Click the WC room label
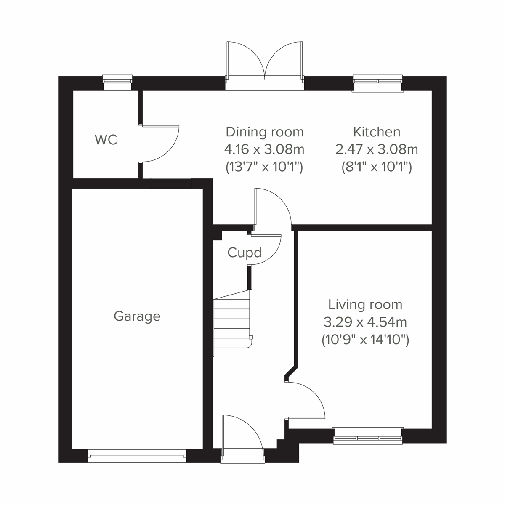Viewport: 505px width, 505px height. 106,140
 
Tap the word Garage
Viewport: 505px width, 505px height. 137,316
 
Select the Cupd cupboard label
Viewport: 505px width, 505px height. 245,252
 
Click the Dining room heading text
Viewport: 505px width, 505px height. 264,132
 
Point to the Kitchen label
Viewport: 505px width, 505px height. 377,132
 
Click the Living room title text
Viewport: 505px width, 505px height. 365,304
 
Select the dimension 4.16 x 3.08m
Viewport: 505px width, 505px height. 264,149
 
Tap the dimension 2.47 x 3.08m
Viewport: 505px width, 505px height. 377,149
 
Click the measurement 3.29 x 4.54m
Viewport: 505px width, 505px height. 365,322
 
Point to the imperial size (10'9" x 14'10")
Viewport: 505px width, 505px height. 365,339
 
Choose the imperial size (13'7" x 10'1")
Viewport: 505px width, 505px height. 264,167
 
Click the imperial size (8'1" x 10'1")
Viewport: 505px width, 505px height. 377,167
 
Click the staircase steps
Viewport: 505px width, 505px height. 232,319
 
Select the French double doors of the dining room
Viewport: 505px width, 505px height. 264,63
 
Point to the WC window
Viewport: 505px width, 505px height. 117,82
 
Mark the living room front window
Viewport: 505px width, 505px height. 367,436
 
